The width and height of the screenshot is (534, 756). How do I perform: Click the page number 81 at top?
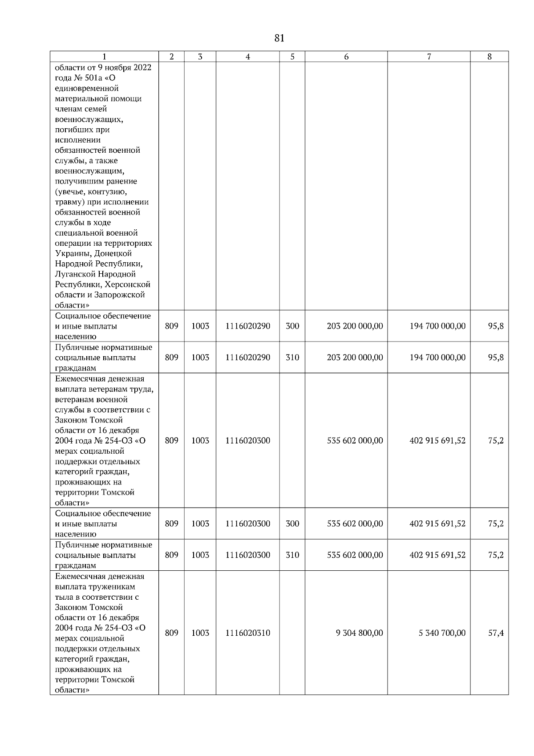coord(279,38)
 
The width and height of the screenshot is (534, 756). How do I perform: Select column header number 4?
coord(247,57)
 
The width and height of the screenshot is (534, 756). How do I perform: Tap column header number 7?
coord(429,57)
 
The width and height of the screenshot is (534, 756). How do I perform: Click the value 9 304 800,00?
coord(359,633)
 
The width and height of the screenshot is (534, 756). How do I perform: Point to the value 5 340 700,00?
coord(442,633)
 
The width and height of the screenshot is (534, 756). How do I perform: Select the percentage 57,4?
coord(496,633)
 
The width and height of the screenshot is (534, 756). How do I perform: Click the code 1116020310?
coord(247,633)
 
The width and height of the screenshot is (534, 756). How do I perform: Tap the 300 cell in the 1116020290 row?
coord(292,326)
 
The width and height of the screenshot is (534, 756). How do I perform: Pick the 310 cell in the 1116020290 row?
coord(292,357)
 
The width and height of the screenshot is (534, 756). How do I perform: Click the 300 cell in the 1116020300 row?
coord(292,524)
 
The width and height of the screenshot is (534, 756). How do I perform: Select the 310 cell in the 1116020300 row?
coord(292,555)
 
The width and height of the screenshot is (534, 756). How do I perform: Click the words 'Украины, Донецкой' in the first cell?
coord(93,253)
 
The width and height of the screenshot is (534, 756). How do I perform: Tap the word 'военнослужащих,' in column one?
coord(89,119)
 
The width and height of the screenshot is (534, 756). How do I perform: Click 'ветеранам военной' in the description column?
coord(91,399)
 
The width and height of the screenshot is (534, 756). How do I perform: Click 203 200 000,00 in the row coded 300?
coord(355,326)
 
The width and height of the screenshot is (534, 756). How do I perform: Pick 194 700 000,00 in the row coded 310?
coord(437,357)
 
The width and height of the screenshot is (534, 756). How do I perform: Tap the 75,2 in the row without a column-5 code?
coord(496,440)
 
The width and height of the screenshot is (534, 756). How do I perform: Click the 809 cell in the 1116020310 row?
coord(171,633)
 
